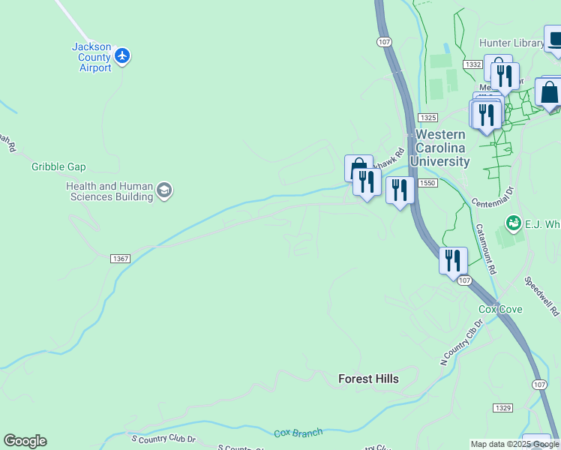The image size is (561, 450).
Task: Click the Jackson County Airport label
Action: tap(91, 57)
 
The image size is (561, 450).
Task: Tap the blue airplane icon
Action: tap(123, 55)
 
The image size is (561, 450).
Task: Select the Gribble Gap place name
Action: tap(58, 166)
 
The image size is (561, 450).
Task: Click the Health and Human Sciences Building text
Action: tap(109, 191)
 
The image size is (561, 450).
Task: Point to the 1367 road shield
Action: tap(120, 259)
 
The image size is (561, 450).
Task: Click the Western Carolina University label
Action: tap(440, 148)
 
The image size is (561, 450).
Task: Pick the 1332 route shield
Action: tap(472, 65)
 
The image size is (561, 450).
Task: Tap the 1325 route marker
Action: tap(428, 118)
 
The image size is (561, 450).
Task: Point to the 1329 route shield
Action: tap(502, 406)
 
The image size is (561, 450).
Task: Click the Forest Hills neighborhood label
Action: tap(368, 379)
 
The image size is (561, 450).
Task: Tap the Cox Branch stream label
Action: tap(298, 433)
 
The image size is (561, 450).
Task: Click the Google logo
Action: tap(25, 441)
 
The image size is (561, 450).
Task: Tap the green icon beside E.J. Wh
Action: tap(513, 222)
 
